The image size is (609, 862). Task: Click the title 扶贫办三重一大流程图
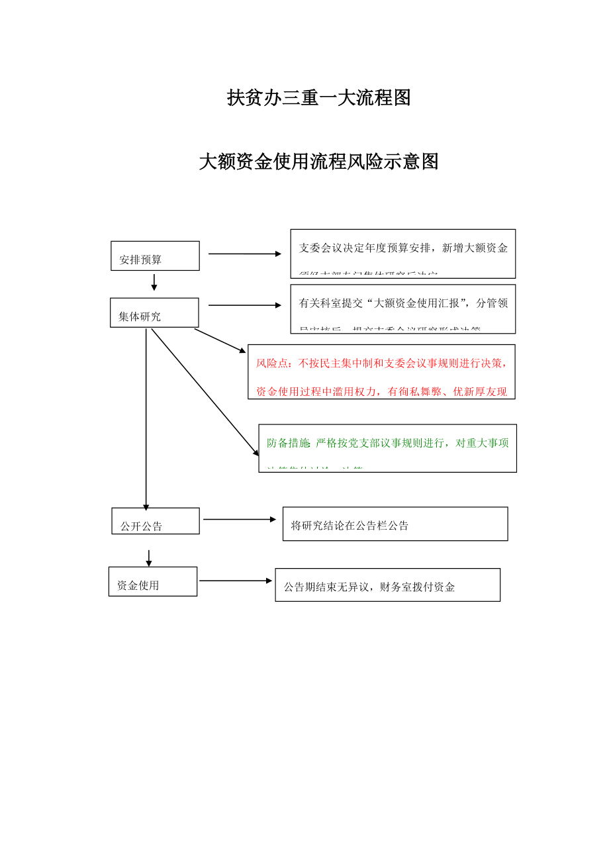tap(318, 98)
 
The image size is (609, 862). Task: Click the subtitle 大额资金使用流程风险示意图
tap(318, 162)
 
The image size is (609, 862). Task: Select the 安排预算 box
tap(155, 256)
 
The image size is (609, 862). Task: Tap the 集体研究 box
tap(154, 312)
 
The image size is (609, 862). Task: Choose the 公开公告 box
tap(156, 521)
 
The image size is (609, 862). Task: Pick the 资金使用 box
tap(153, 581)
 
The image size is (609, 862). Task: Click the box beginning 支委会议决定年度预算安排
tap(402, 254)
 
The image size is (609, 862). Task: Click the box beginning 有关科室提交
tap(402, 309)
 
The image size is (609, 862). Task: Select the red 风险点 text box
tap(381, 371)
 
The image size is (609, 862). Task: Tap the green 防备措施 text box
tap(387, 448)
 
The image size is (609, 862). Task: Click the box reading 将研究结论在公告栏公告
tap(395, 524)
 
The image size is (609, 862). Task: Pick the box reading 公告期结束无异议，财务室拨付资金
tap(387, 585)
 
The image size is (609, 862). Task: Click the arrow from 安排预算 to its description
tap(244, 254)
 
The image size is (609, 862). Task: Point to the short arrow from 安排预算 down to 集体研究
tap(154, 283)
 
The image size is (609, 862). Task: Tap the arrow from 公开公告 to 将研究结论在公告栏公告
tap(239, 520)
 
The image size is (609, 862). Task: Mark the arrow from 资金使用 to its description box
tap(235, 581)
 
